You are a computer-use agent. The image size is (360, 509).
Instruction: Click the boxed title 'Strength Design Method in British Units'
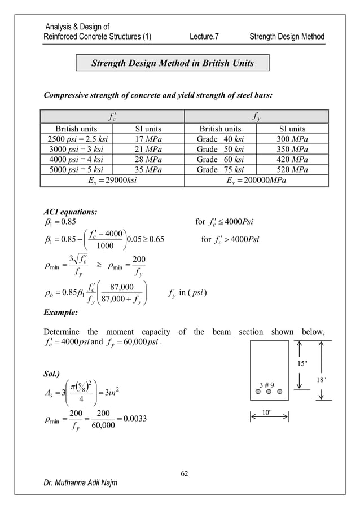173,63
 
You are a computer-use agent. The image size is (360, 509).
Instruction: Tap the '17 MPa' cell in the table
148,139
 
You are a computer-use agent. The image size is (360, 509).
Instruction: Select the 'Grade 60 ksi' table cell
221,160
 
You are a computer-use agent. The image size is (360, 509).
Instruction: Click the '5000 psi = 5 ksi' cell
76,170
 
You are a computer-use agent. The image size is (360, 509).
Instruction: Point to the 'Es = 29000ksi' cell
113,181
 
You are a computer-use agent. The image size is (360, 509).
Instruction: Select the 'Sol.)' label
54,374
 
